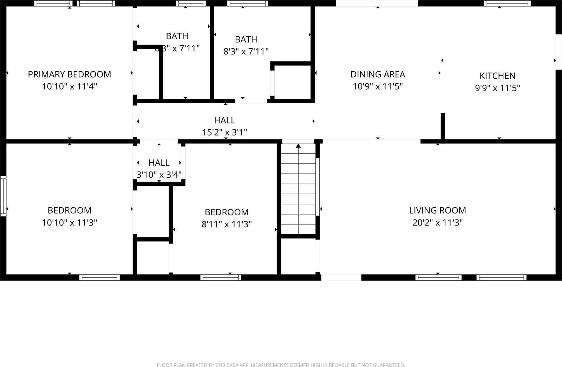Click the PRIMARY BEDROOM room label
(69, 74)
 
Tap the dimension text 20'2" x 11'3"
(437, 222)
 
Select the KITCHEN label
(497, 76)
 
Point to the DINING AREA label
(378, 74)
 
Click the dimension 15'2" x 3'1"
(224, 132)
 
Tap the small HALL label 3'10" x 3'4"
(159, 163)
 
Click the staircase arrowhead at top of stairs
(298, 145)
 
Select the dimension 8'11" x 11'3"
(227, 224)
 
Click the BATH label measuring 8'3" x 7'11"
(246, 39)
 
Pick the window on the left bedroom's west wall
(3, 196)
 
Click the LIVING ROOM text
(437, 210)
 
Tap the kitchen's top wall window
(507, 4)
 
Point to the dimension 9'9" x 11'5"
(497, 88)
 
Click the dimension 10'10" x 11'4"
(69, 86)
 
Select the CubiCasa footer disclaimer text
(281, 365)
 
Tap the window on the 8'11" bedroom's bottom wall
(221, 277)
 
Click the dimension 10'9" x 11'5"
(378, 86)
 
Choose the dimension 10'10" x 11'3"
(69, 222)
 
